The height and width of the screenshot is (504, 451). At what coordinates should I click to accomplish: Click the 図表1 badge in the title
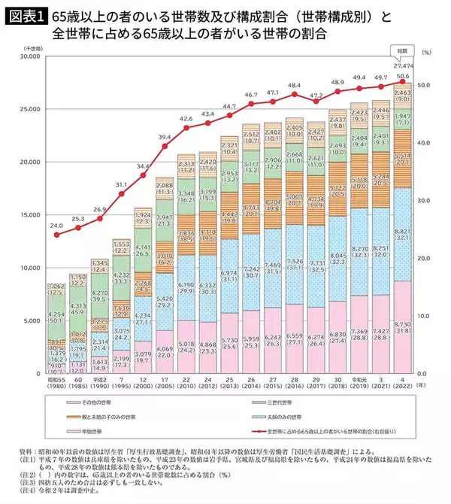click(23, 15)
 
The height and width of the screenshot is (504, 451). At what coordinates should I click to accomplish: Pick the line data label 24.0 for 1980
click(56, 226)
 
